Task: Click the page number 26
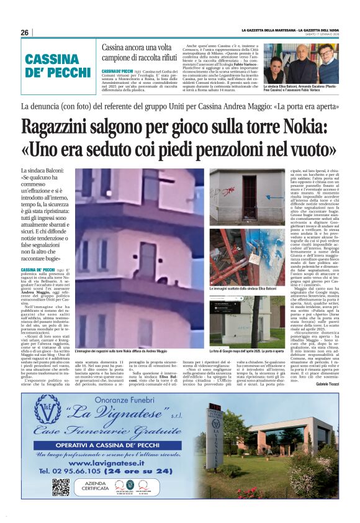[x=25, y=32]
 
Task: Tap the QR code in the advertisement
[x=60, y=487]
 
